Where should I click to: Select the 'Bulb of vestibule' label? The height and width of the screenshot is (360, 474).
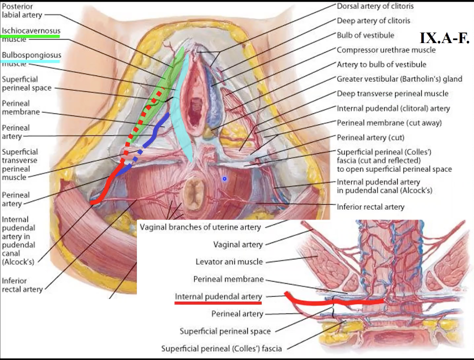coord(365,35)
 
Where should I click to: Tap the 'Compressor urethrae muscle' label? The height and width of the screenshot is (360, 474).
coord(386,50)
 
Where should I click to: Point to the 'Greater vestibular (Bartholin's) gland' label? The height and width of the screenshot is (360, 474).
coord(399,79)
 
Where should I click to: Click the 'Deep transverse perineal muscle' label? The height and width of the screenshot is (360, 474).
coord(392,93)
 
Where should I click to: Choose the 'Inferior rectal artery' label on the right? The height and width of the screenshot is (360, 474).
coord(370,207)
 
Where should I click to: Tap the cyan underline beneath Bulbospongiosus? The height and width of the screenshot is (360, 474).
coord(31,61)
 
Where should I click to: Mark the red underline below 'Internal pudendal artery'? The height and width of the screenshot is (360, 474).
coord(218,302)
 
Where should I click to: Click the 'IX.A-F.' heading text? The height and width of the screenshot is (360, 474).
coord(444,38)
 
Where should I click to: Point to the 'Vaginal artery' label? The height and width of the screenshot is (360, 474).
coord(238,245)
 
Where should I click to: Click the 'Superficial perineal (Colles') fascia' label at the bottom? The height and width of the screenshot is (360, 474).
coord(222,349)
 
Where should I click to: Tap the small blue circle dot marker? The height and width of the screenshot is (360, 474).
coord(224,179)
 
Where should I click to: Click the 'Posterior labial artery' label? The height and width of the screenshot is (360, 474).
coord(18,10)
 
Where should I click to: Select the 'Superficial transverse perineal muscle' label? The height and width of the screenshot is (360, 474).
coord(20,165)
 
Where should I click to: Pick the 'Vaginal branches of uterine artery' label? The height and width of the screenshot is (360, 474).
coord(201,227)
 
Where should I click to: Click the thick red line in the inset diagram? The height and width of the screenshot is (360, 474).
coord(333,302)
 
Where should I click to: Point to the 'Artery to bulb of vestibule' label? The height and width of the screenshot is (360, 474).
coord(381,65)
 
